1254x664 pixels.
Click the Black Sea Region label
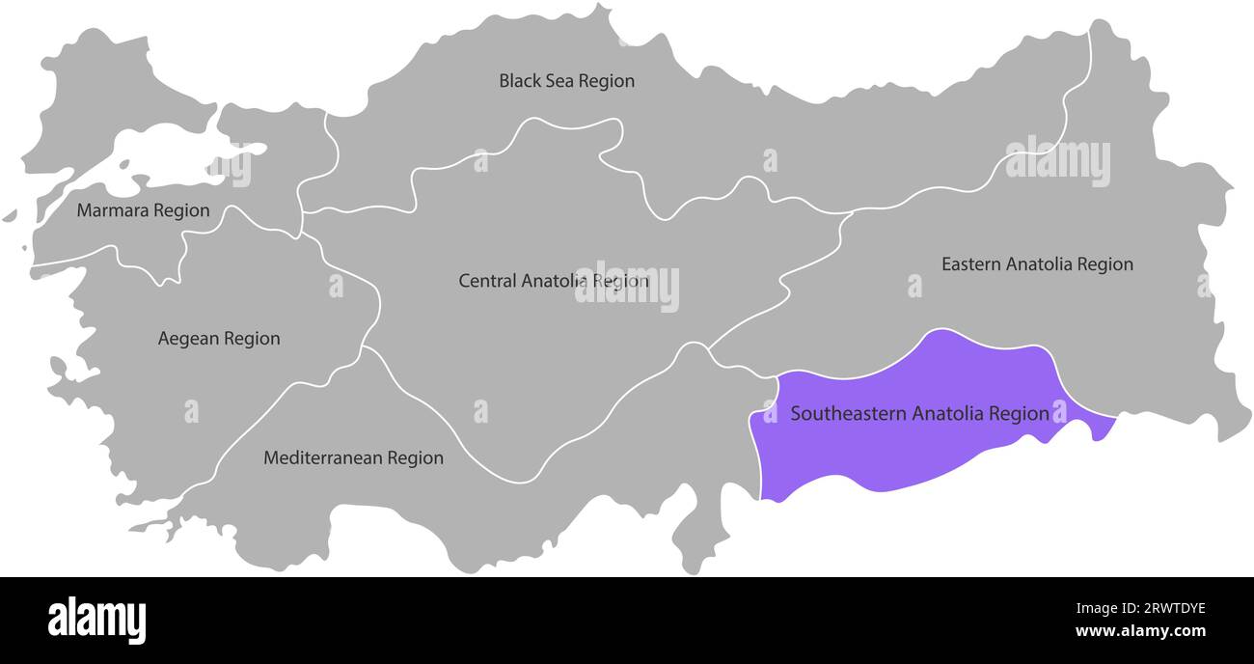(x=566, y=81)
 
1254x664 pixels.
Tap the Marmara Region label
(x=143, y=210)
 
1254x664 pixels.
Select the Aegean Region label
(x=219, y=339)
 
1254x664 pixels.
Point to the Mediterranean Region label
(x=353, y=458)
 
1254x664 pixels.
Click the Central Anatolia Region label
(x=553, y=281)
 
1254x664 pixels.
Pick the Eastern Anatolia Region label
(x=1037, y=263)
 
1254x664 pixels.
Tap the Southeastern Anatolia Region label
(x=919, y=414)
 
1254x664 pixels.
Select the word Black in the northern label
(x=519, y=81)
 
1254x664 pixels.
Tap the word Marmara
(x=111, y=210)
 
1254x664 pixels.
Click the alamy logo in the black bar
(x=97, y=620)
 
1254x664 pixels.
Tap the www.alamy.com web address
(x=1140, y=632)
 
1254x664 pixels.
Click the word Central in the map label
(x=487, y=281)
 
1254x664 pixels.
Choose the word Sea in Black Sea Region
(x=559, y=81)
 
